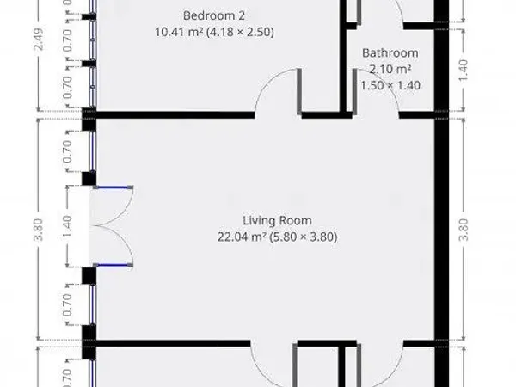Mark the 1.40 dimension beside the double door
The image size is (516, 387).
(x=70, y=229)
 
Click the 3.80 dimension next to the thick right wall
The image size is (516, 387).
(x=464, y=229)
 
